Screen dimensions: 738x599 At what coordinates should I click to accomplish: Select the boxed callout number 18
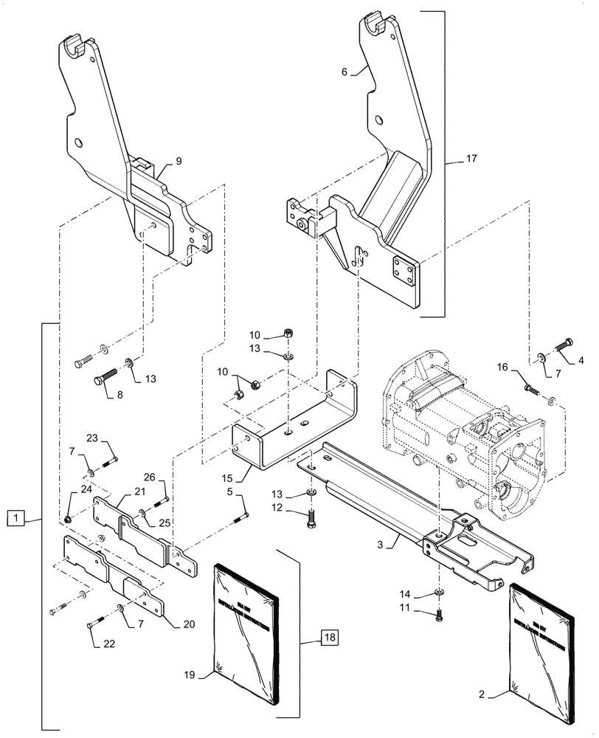point(329,637)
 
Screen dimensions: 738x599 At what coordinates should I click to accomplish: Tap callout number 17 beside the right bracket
point(471,159)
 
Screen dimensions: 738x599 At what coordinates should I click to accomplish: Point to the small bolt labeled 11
point(440,612)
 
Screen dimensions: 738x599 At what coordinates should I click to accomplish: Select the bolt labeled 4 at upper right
point(566,342)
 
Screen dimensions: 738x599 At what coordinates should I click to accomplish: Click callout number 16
point(502,367)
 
